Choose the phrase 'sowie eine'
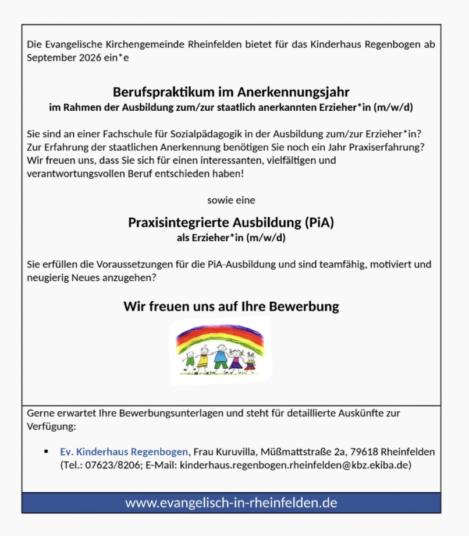(x=231, y=200)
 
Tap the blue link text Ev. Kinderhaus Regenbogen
(x=124, y=452)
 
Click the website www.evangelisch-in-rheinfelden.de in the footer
(x=231, y=502)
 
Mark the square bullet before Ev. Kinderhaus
(x=46, y=452)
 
